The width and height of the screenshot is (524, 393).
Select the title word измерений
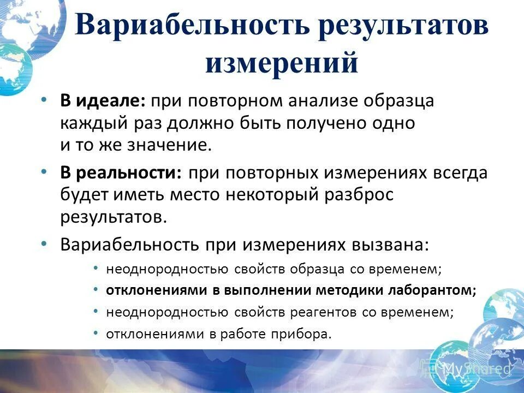tap(282, 63)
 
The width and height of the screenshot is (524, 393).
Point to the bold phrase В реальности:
tap(121, 174)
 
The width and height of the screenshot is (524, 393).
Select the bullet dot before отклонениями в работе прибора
tap(96, 332)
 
